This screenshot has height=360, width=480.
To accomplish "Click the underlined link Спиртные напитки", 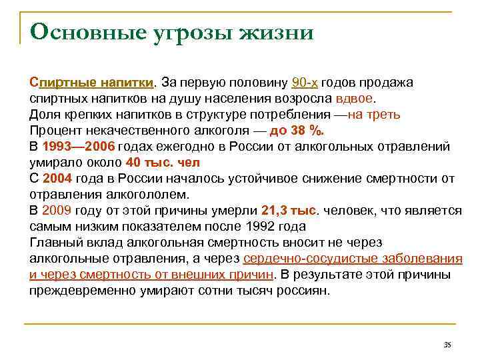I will point(92,83).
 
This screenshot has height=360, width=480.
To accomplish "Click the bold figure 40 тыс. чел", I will point(163,163).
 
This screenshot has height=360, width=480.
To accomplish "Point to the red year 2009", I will point(55,211).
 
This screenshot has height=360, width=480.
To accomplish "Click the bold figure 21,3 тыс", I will point(288,211).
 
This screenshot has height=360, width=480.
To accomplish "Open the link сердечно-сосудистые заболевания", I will point(353,259).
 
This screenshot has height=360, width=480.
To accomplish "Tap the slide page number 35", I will point(447,345).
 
